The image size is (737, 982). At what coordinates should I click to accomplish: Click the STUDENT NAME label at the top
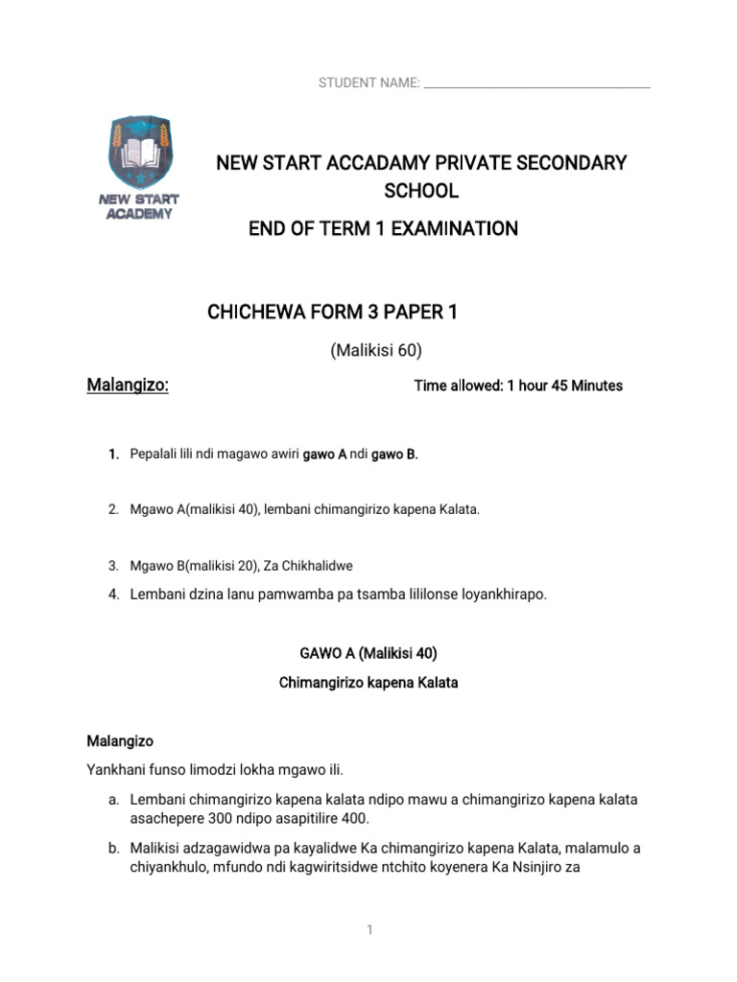368,84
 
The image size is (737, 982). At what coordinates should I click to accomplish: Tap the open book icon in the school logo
141,151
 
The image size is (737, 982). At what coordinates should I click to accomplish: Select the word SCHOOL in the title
421,191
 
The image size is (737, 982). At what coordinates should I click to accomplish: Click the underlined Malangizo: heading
128,386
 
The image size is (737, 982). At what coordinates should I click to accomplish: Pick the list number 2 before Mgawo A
113,510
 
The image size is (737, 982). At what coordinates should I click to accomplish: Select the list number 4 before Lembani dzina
113,595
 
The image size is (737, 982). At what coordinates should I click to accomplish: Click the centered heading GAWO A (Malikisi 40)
368,654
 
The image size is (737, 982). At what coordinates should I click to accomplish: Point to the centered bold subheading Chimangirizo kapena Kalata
368,684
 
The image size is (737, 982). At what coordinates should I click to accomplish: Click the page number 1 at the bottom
368,931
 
